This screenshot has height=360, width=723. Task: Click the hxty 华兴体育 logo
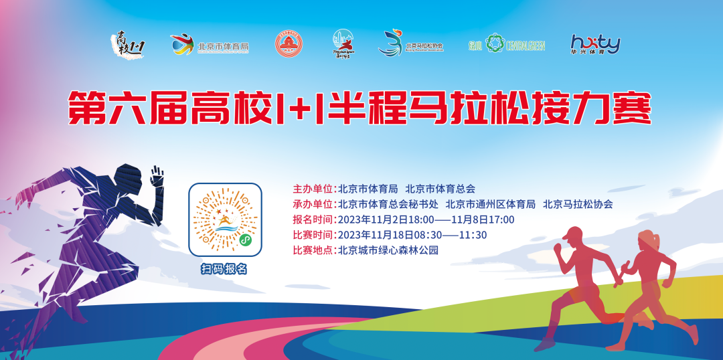click(x=595, y=44)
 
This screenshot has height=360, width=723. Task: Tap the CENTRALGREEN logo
click(x=506, y=44)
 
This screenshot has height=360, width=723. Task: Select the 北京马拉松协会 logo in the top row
click(x=410, y=44)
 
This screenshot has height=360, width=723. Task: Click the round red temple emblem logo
click(x=289, y=44)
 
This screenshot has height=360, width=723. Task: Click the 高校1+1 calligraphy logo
click(x=127, y=44)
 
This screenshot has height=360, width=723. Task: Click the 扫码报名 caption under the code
click(x=224, y=269)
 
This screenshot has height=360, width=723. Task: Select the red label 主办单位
click(x=314, y=189)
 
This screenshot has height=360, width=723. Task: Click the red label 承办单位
click(x=314, y=204)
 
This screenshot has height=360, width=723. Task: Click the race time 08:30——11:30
click(x=453, y=235)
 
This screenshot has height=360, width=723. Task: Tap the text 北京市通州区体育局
click(x=490, y=204)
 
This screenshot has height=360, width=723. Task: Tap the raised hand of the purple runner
click(x=157, y=177)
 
